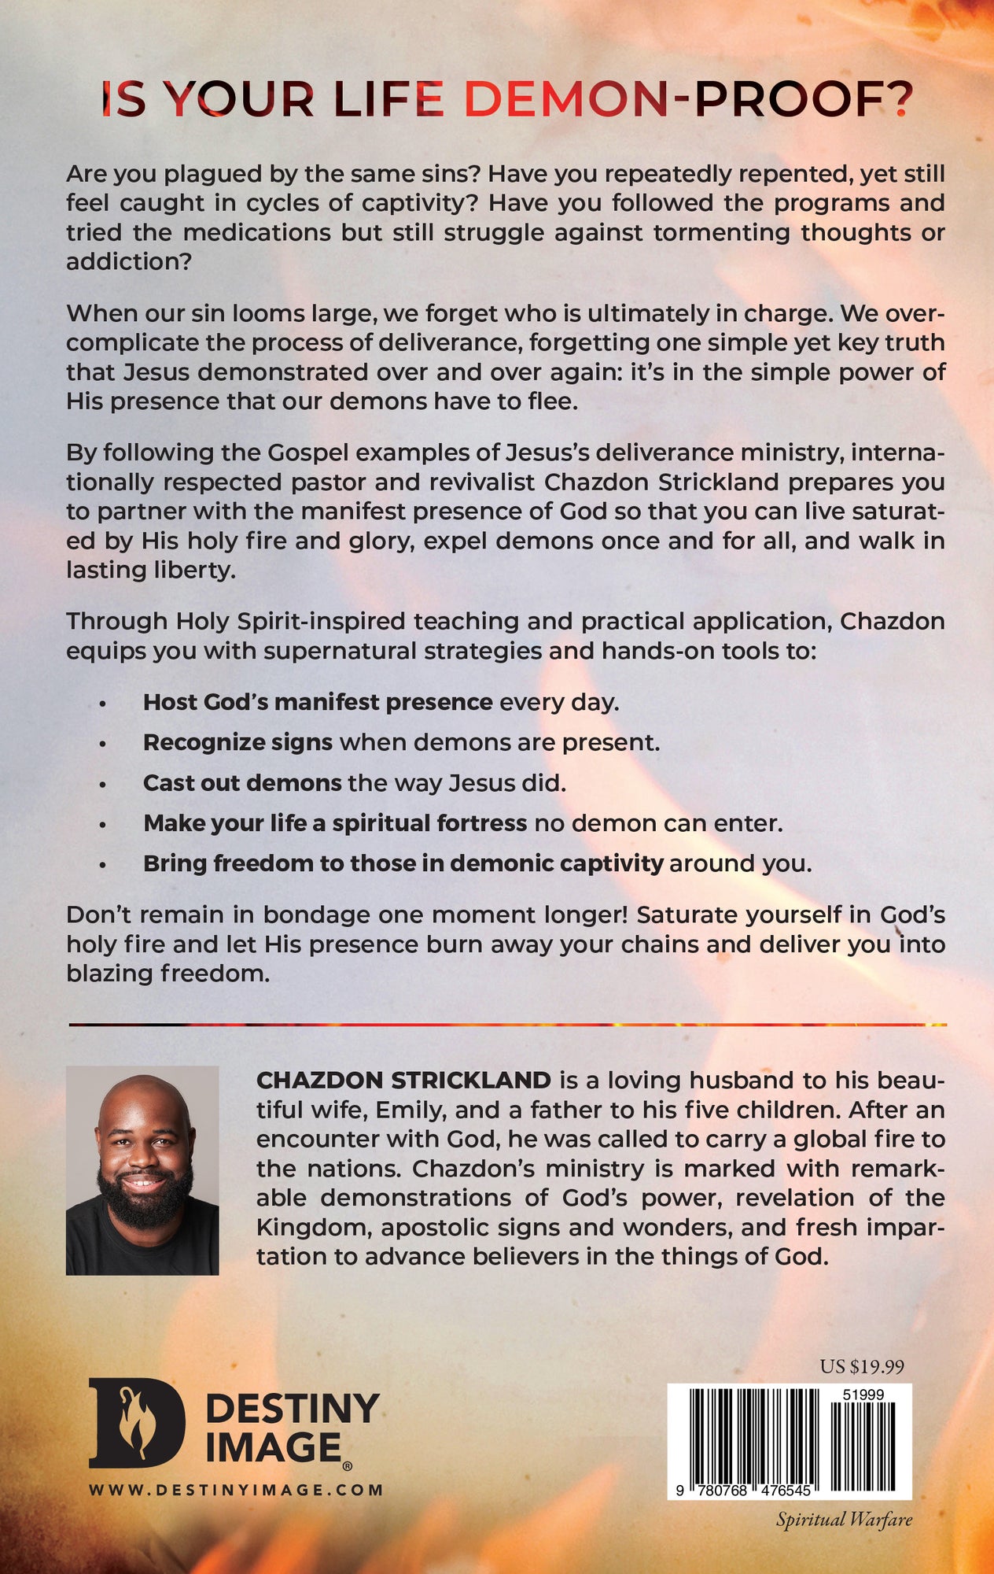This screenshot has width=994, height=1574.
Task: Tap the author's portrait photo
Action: pyautogui.click(x=142, y=1170)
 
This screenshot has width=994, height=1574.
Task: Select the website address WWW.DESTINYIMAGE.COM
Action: pyautogui.click(x=236, y=1489)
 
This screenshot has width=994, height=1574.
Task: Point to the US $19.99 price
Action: pyautogui.click(x=862, y=1366)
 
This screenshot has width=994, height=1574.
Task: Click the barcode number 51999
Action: pyautogui.click(x=863, y=1394)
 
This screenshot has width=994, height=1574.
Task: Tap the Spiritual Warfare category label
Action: pyautogui.click(x=844, y=1519)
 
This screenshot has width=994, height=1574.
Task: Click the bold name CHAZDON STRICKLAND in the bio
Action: pyautogui.click(x=403, y=1081)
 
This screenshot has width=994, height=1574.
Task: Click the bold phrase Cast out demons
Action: pyautogui.click(x=242, y=783)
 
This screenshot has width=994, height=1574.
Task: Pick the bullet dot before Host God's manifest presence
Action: pyautogui.click(x=103, y=703)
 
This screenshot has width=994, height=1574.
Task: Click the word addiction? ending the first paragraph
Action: pyautogui.click(x=128, y=261)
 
